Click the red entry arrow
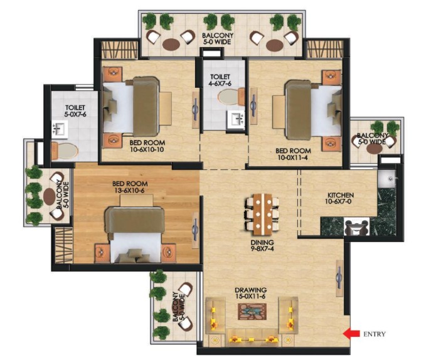[x=351, y=334]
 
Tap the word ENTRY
[x=375, y=334]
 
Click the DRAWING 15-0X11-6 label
[x=251, y=294]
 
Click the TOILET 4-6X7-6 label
[x=221, y=80]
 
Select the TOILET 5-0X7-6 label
[x=75, y=111]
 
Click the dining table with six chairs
[x=262, y=211]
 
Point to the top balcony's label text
[x=217, y=40]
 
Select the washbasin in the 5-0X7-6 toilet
[x=60, y=130]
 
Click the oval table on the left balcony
[x=49, y=196]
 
